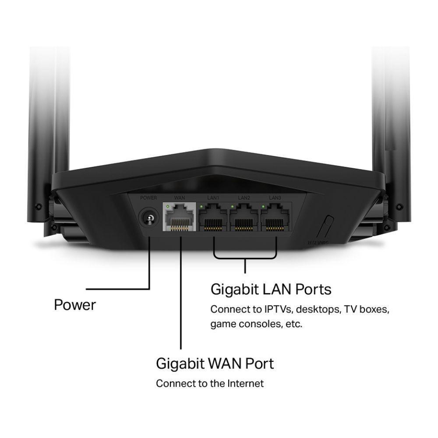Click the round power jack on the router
[148, 218]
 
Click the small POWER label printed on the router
[148, 198]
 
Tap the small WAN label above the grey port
[180, 198]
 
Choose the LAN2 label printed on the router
[244, 198]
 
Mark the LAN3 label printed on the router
[275, 198]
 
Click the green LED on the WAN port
[168, 206]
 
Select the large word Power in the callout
[75, 305]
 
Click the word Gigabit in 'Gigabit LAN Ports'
[235, 290]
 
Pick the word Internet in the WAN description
[246, 384]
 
